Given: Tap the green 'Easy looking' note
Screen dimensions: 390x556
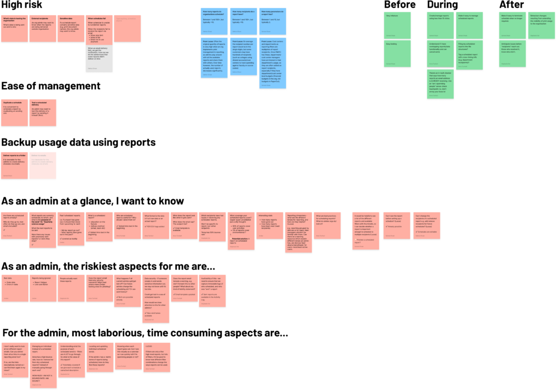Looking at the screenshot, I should pyautogui.click(x=397, y=55).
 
